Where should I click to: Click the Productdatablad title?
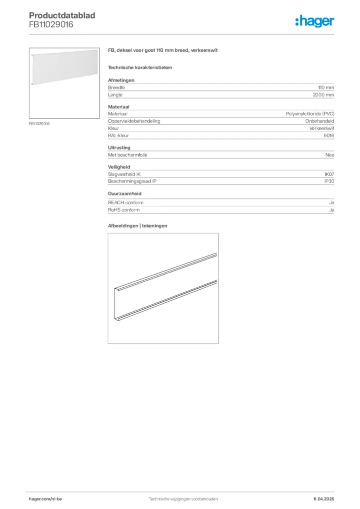[x=62, y=15]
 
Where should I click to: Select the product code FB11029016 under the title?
[x=51, y=24]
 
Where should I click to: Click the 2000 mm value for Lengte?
[x=323, y=94]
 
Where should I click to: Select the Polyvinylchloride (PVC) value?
[x=310, y=114]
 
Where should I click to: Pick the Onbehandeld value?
[x=320, y=121]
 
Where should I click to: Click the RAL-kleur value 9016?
[x=329, y=135]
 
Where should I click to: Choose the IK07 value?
[x=329, y=174]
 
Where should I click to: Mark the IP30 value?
[x=329, y=181]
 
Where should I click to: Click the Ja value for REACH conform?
[x=331, y=203]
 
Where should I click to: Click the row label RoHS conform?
[x=124, y=210]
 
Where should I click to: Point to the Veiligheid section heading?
[x=118, y=168]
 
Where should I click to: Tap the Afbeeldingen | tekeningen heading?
[x=137, y=226]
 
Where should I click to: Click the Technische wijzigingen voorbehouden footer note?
[x=183, y=499]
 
